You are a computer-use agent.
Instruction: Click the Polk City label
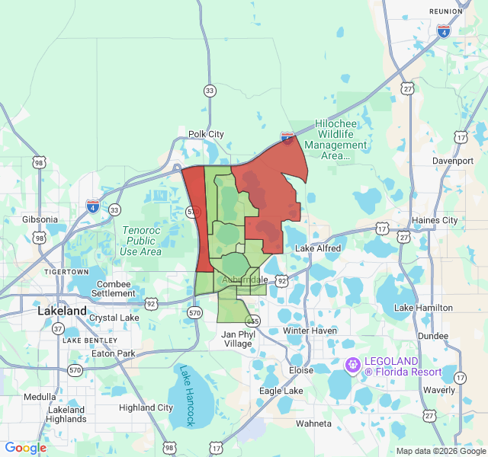click(x=206, y=134)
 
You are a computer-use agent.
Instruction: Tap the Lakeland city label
click(x=63, y=312)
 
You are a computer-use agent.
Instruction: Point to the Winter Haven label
click(x=309, y=331)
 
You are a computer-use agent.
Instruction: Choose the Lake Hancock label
click(x=187, y=395)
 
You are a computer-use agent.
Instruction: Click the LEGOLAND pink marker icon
click(x=352, y=366)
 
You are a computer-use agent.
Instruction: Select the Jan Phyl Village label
click(x=236, y=339)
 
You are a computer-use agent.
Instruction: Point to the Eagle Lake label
click(x=281, y=391)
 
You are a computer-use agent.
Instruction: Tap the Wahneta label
click(x=313, y=423)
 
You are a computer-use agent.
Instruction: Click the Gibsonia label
click(x=40, y=219)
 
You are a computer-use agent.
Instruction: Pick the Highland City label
click(x=146, y=407)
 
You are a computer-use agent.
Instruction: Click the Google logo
click(x=26, y=448)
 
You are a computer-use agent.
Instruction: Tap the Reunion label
click(x=446, y=11)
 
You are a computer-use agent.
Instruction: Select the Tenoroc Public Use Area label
click(x=140, y=240)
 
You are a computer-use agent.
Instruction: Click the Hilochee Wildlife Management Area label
click(x=335, y=144)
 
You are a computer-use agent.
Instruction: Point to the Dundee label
click(x=433, y=335)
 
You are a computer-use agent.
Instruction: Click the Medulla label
click(x=40, y=397)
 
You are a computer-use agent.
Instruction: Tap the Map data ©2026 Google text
click(x=440, y=451)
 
